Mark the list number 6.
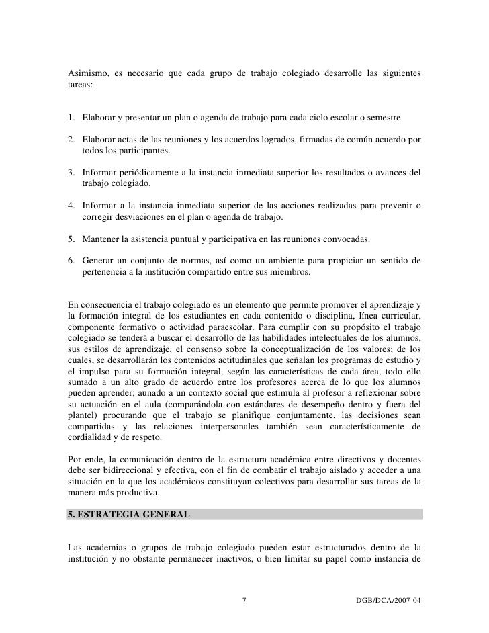tap(71, 261)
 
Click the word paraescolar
tap(224, 327)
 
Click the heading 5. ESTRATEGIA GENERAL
tap(128, 515)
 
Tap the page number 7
tap(244, 599)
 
